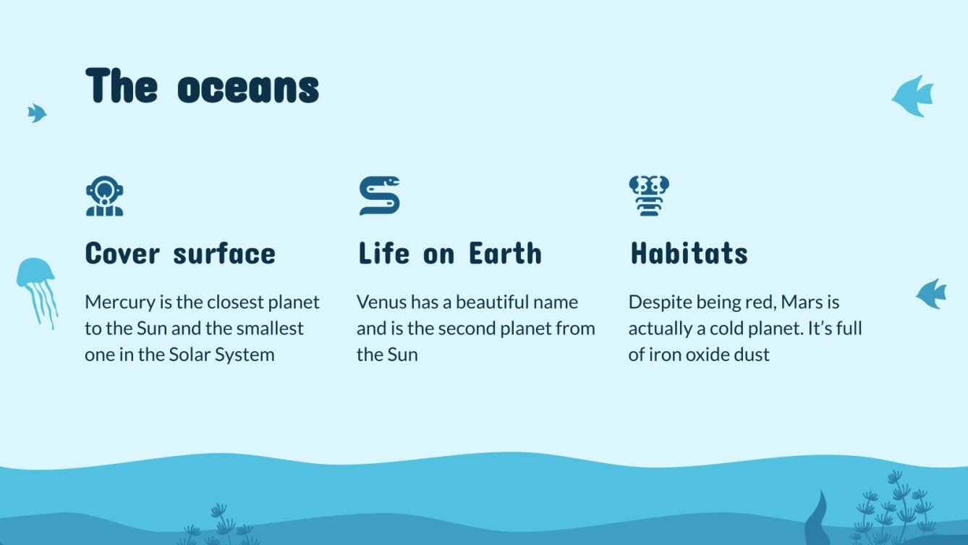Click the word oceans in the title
(x=248, y=88)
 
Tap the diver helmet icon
(x=104, y=196)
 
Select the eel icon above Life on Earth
(x=379, y=195)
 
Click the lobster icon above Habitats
(x=649, y=195)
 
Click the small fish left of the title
(x=36, y=113)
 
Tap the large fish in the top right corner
(x=913, y=96)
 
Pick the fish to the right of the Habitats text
(x=932, y=294)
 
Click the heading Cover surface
(x=180, y=254)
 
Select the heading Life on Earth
(x=449, y=254)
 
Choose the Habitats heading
(x=689, y=254)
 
